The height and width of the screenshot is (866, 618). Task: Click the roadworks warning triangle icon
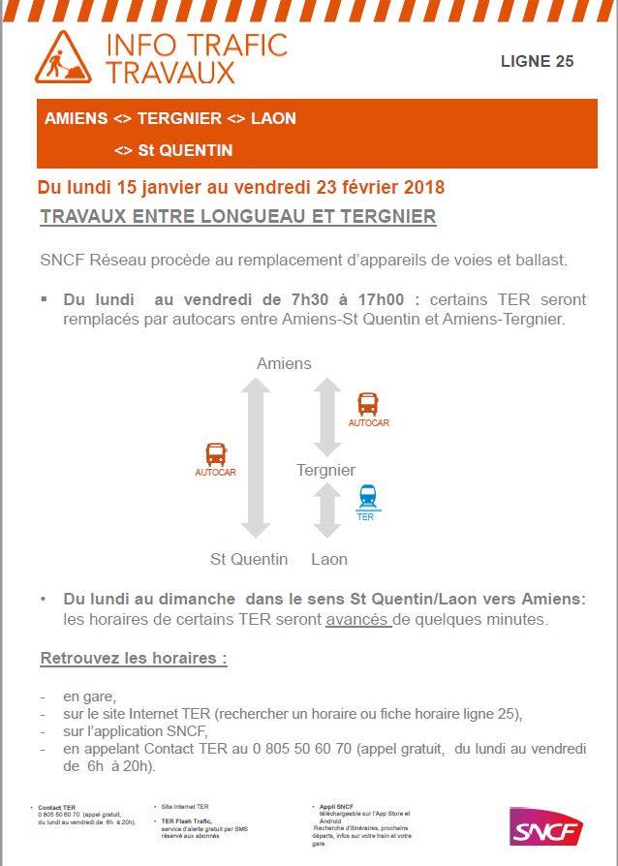point(63,57)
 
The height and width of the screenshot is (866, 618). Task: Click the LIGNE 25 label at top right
point(537,61)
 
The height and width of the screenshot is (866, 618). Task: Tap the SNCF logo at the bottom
point(546,829)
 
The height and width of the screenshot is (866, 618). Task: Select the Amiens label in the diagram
point(284,363)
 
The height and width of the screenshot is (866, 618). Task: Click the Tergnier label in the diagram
point(325,470)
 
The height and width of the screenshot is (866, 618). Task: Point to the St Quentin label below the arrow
point(249,559)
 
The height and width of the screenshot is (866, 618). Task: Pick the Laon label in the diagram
point(329,559)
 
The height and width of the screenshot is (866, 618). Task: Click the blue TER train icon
point(367,498)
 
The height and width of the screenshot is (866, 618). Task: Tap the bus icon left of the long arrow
point(215,454)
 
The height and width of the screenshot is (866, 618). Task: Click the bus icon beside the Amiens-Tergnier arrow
point(368,404)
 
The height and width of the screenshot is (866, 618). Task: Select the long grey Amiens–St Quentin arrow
point(256,457)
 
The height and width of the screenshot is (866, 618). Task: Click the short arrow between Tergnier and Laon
point(327,510)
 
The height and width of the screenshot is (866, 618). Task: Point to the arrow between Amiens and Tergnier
point(327,417)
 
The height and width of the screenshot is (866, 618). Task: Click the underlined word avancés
point(358,620)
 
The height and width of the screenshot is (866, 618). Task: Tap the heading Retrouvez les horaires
point(133,659)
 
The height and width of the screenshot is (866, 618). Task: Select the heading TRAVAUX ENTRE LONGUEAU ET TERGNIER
point(237,217)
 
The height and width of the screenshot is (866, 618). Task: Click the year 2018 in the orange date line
point(423,187)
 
